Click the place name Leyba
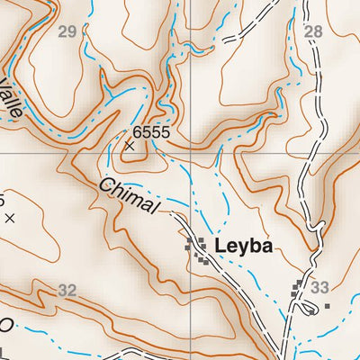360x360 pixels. tap(243, 247)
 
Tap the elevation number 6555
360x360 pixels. tap(148, 131)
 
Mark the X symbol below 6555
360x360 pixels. tap(130, 144)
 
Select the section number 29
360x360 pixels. tap(67, 32)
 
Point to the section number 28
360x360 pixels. tap(312, 32)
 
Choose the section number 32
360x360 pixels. tap(67, 290)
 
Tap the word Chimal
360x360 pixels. tap(130, 195)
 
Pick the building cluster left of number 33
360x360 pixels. tap(300, 289)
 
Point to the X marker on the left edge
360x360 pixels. tap(9, 217)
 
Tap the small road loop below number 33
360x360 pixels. tap(308, 310)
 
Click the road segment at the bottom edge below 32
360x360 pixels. tap(135, 353)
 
